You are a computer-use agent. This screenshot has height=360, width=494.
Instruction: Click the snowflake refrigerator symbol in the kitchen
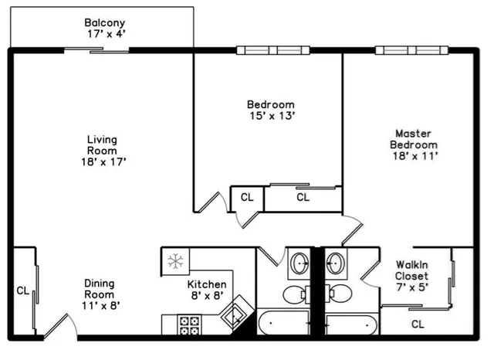(x=175, y=260)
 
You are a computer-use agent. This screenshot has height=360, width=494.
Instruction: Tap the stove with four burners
(x=188, y=324)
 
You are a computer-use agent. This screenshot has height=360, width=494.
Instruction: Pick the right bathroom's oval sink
(x=336, y=264)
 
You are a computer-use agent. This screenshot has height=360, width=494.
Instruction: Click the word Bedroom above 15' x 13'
(x=270, y=104)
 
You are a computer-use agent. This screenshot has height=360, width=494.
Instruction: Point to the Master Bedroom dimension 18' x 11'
(x=414, y=156)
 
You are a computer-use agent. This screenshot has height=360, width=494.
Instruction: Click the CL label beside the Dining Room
(x=23, y=291)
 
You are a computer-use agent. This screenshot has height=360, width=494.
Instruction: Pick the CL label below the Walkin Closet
(x=418, y=324)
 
